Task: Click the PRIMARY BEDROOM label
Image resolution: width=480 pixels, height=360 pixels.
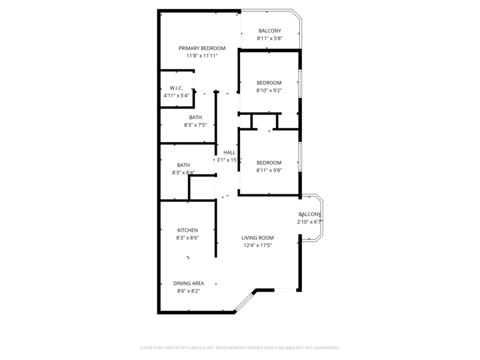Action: coord(202,48)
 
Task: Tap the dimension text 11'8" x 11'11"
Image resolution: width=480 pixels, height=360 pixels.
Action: coord(202,56)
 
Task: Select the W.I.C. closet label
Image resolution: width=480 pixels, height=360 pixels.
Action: coord(176,88)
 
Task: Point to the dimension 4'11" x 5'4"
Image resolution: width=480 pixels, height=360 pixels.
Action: coord(176,95)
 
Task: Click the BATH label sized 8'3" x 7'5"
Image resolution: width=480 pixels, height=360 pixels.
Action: coord(196,118)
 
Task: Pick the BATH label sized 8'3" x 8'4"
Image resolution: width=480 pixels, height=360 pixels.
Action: coord(183,165)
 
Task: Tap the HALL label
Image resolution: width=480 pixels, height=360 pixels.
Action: coord(229,152)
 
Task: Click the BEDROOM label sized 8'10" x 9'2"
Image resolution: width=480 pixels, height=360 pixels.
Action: coord(269,83)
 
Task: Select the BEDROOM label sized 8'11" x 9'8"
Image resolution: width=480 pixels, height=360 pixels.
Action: coord(269,163)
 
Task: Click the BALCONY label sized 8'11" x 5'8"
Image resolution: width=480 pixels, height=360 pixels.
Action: coord(270,31)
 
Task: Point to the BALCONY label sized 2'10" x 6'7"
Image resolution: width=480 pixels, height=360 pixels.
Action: coord(310,214)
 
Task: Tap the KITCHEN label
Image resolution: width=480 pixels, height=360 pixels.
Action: coord(187,230)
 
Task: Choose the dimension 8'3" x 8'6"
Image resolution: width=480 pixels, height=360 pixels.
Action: coord(187,238)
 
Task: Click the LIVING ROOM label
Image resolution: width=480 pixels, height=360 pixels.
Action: coord(257,238)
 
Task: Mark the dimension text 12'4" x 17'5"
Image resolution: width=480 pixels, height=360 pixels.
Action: coord(257,245)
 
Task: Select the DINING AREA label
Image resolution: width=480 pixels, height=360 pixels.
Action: coord(188,283)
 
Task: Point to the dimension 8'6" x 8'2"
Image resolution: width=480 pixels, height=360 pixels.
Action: coord(188,291)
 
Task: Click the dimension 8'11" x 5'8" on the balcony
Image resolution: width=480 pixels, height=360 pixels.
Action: coord(270,38)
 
